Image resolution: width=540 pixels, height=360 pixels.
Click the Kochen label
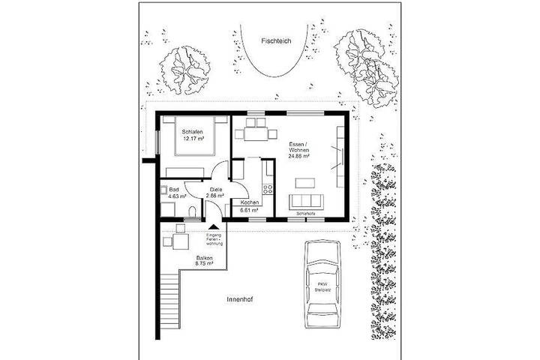tap(250, 204)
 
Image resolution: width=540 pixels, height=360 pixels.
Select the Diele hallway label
tap(216, 190)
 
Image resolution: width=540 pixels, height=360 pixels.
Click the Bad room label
tap(173, 190)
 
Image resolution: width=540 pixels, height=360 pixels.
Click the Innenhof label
tap(238, 299)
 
